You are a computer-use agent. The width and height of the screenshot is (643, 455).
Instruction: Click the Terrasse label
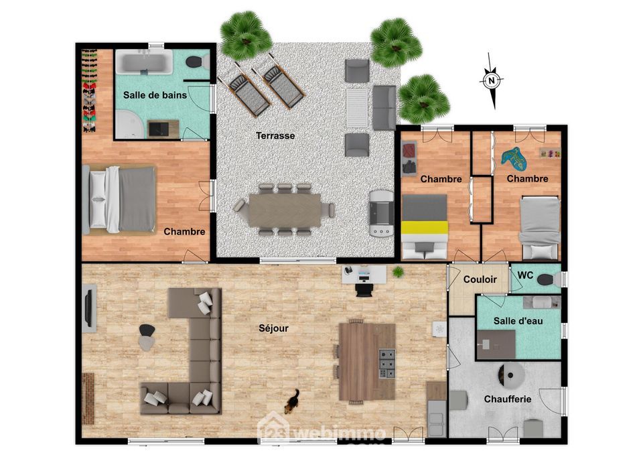point(275,135)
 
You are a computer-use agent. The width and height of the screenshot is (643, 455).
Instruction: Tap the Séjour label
point(273,328)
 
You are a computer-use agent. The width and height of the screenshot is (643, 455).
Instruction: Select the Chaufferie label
point(508,399)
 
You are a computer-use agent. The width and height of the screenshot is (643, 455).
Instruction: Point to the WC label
point(525,275)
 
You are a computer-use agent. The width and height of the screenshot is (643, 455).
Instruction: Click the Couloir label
point(480,279)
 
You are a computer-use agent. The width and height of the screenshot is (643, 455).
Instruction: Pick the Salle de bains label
point(155,95)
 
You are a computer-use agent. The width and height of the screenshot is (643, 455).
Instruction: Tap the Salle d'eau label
point(518,321)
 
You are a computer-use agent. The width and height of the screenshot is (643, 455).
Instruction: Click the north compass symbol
point(492,80)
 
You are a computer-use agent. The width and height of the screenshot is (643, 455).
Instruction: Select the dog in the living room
point(293,401)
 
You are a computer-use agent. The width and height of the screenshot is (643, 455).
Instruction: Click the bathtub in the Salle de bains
point(144,62)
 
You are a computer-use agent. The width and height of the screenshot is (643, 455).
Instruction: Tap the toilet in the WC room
point(549,280)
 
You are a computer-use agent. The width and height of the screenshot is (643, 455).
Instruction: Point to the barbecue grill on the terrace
point(381,213)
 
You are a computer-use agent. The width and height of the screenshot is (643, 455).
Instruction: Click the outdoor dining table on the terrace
point(285,210)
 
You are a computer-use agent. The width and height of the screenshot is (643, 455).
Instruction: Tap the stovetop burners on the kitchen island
point(386,363)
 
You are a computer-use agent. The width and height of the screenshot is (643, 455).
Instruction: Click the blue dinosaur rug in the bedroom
point(514,158)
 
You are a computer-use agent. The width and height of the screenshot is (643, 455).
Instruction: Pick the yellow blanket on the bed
point(425,227)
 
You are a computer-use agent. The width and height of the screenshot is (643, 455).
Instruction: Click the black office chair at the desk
point(364,289)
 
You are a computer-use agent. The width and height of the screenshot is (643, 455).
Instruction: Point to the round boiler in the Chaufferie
point(510,375)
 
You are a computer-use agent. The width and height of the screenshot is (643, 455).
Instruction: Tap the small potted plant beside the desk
point(398,271)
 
